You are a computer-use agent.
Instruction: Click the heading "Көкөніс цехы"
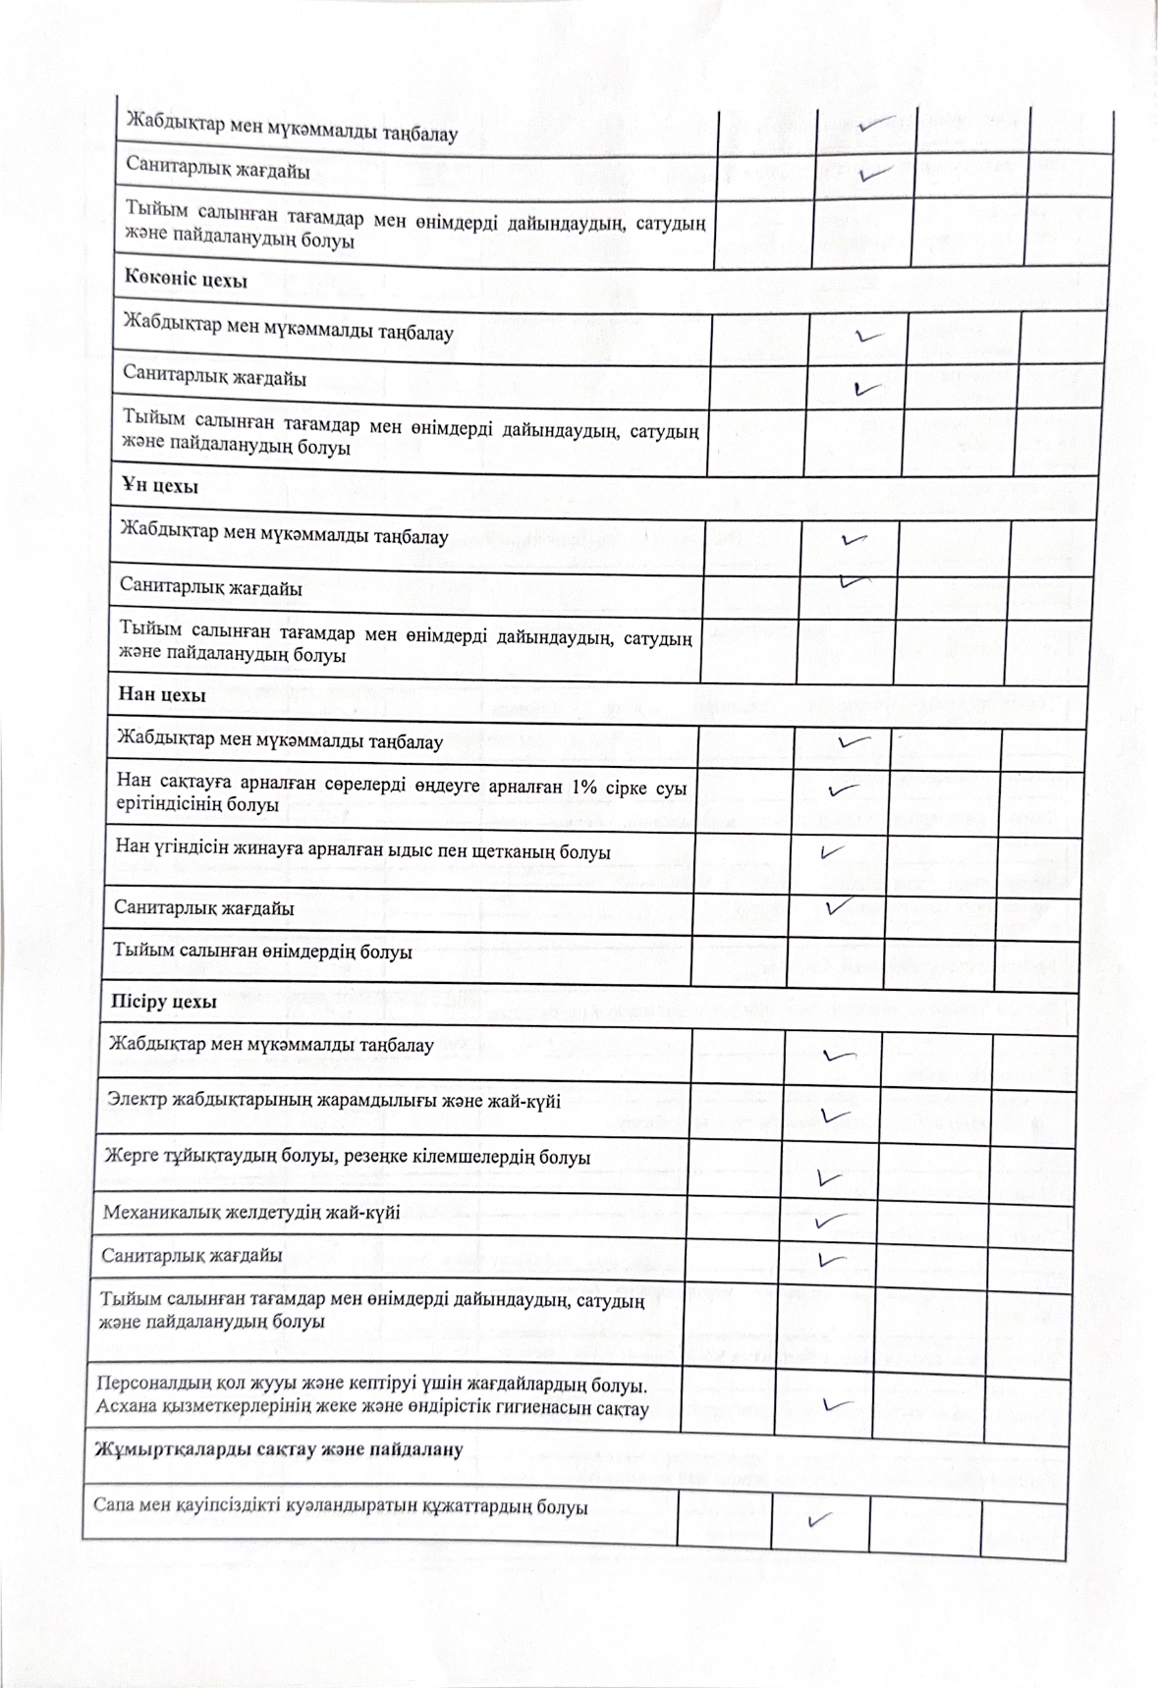click(x=185, y=280)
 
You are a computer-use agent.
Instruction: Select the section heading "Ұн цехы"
click(x=159, y=487)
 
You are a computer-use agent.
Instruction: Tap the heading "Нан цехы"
click(x=161, y=695)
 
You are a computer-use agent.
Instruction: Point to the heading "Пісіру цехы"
click(x=162, y=1003)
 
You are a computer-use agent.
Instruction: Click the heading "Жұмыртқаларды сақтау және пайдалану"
click(x=278, y=1449)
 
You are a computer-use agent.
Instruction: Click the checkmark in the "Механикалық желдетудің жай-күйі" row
click(x=832, y=1221)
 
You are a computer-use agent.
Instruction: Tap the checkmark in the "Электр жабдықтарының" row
click(x=834, y=1116)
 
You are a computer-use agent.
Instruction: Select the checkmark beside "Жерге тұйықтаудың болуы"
click(x=830, y=1175)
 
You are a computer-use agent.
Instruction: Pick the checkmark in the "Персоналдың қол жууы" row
click(x=836, y=1403)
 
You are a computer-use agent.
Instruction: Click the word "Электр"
click(x=137, y=1100)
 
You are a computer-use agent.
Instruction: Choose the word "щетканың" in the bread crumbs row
click(x=555, y=851)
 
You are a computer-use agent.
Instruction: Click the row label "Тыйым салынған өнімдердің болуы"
click(x=262, y=952)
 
